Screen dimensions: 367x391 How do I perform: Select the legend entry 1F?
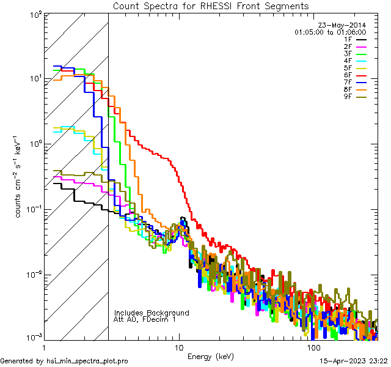(x=348, y=39)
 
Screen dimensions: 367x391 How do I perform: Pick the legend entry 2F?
(x=348, y=46)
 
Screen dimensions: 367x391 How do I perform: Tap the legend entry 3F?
(x=348, y=54)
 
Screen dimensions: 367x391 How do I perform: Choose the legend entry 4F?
(x=348, y=61)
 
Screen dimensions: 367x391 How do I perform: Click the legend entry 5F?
(x=348, y=68)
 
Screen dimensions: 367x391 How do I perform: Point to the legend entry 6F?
(x=348, y=75)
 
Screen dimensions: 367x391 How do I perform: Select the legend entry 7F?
(x=348, y=83)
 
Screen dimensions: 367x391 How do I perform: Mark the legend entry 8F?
(x=348, y=90)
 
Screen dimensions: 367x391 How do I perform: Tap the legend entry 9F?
(x=348, y=97)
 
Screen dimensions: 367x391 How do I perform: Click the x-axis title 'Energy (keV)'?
(x=211, y=356)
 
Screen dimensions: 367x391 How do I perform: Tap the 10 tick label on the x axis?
(x=179, y=347)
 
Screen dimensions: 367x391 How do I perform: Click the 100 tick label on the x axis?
(x=313, y=347)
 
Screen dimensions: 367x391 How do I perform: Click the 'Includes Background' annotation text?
(x=152, y=313)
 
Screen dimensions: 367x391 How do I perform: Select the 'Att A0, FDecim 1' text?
(x=145, y=319)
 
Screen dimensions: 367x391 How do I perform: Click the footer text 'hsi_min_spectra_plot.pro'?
(x=87, y=361)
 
